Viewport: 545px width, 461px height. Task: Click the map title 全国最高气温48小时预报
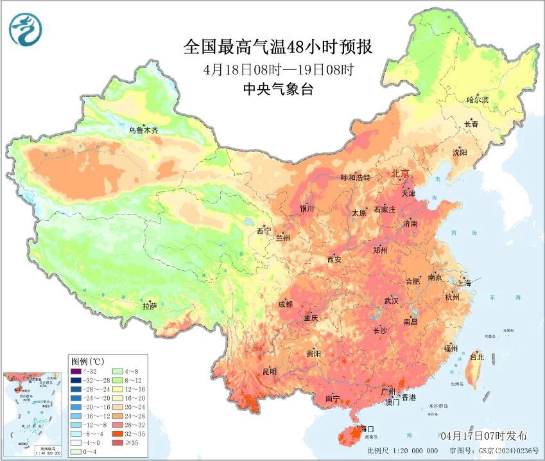point(277,47)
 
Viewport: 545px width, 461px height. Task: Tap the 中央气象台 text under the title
point(277,90)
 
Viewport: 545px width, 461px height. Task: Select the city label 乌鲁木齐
point(143,130)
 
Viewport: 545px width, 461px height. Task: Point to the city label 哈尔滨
point(478,100)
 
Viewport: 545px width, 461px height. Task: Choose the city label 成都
point(286,304)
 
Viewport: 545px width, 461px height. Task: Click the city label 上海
point(464,283)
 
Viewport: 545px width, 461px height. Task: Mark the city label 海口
point(367,428)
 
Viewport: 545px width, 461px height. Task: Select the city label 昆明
point(270,371)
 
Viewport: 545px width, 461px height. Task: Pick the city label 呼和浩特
point(356,177)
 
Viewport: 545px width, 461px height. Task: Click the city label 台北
point(477,356)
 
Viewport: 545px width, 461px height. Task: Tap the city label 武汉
point(391,300)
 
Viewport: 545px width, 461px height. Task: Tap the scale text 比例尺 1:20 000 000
point(402,451)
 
